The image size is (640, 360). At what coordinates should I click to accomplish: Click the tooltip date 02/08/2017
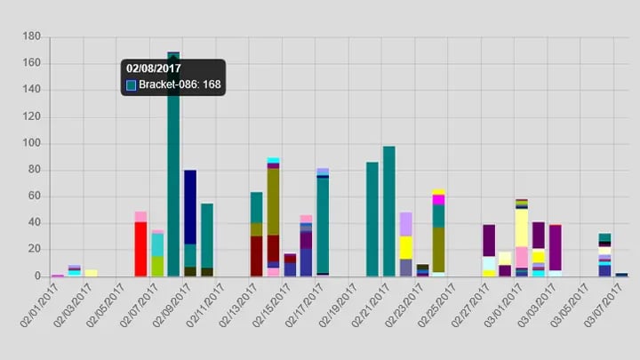coord(154,68)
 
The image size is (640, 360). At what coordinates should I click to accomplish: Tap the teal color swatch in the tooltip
coord(132,85)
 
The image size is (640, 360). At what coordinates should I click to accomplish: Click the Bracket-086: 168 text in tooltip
coord(180,85)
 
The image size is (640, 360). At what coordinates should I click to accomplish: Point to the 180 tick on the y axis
coord(32,36)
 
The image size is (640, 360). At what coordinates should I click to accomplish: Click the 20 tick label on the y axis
coord(34,250)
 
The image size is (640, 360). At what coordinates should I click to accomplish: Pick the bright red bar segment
coord(140,249)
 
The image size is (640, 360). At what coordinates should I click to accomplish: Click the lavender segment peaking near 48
coord(405,224)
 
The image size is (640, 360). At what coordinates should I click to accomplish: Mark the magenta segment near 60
coord(439,200)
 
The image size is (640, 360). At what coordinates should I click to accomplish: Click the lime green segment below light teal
coord(157,266)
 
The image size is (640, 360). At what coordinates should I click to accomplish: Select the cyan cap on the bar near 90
coord(273,160)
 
